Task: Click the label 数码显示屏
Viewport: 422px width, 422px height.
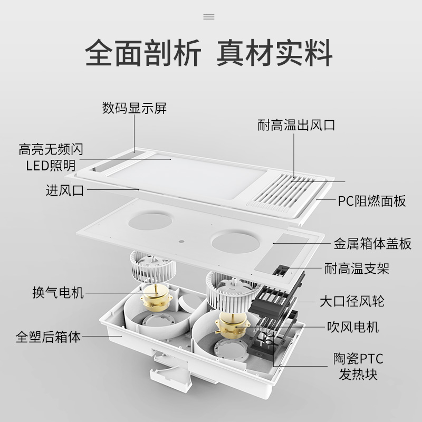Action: click(134, 109)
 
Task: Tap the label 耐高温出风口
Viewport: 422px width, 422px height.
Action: click(296, 126)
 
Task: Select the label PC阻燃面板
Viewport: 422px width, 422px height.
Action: click(372, 201)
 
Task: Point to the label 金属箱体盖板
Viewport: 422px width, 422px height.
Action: click(372, 244)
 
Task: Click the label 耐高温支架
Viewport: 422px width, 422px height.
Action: click(357, 268)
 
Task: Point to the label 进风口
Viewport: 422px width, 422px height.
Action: click(65, 190)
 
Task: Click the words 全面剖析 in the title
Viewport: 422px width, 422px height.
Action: click(142, 53)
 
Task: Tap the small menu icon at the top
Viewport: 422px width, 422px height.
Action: click(209, 17)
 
